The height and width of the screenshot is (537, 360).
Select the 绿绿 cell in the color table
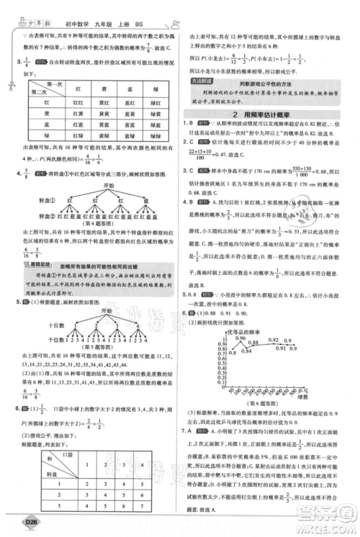point(145,135)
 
